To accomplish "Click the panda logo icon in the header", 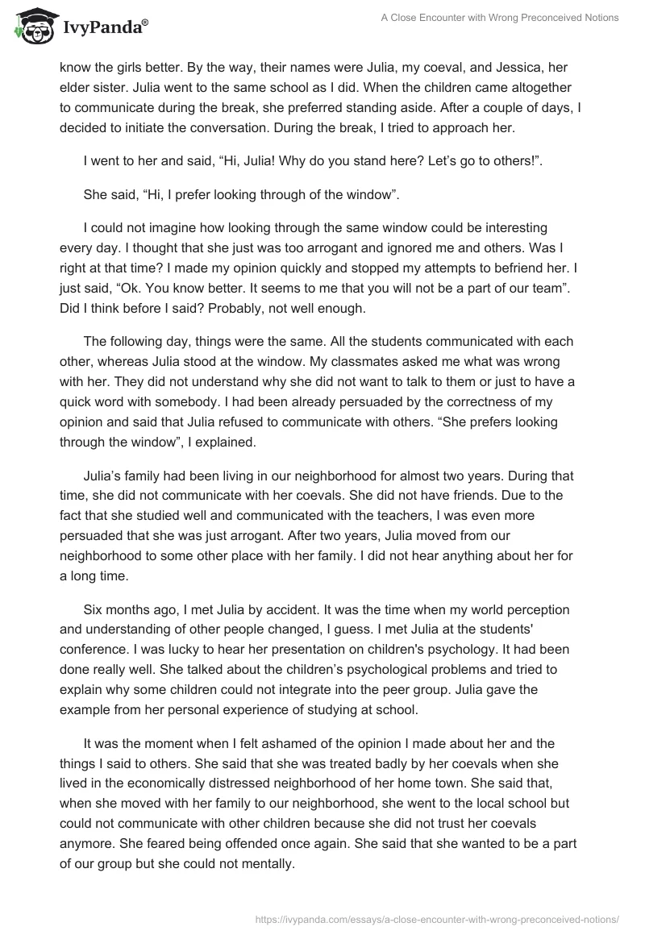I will (x=31, y=27).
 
